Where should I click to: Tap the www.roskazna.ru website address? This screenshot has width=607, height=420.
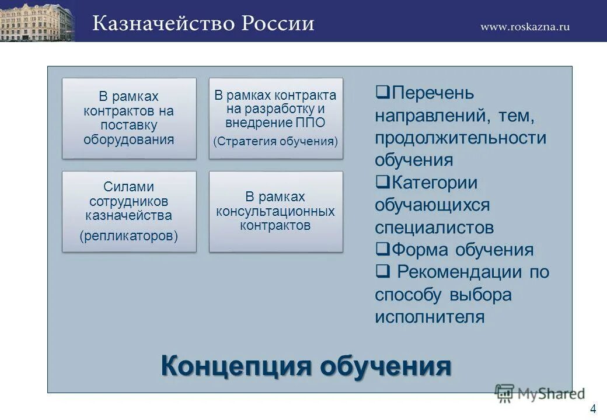coord(525,26)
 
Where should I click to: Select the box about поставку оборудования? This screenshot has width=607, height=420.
coord(129,118)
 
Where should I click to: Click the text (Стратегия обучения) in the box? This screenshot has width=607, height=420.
coord(275,141)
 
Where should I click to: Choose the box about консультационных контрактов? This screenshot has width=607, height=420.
coord(275,211)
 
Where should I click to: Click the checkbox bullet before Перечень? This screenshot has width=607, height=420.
coord(382,92)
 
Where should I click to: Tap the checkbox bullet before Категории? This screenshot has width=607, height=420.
coord(382,182)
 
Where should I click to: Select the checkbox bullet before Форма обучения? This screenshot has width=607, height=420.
coord(382,250)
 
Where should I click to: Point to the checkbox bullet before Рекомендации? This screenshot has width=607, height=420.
coord(382,272)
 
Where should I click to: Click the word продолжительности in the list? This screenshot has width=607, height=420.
coord(461,138)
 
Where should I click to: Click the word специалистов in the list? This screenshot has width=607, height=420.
coord(434,228)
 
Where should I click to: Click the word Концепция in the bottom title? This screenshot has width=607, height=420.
coord(236,366)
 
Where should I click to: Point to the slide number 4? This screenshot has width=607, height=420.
coord(593,409)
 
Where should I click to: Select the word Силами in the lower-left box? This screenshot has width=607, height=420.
coord(129,187)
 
